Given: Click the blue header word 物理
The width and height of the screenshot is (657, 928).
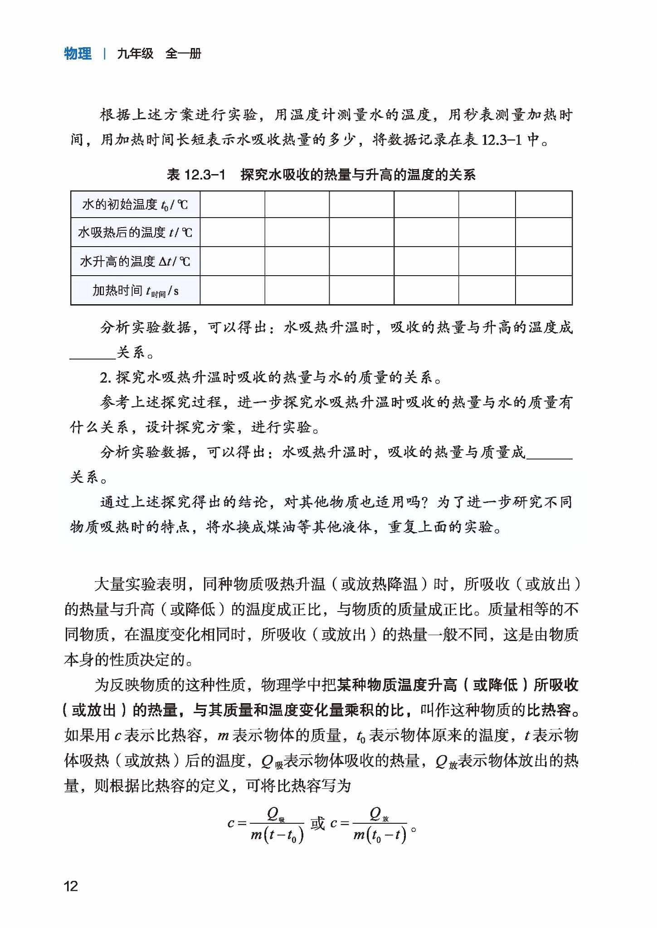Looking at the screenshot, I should click(x=78, y=54).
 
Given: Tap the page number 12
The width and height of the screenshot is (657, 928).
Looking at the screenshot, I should click(x=71, y=886).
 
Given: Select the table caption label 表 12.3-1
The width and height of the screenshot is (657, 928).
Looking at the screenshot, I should click(x=196, y=175).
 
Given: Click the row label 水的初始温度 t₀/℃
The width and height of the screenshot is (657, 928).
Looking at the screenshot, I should click(x=135, y=204).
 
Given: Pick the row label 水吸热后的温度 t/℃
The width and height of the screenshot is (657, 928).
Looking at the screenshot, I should click(x=135, y=233).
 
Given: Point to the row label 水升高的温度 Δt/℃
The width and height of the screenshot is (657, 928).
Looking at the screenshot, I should click(x=135, y=261).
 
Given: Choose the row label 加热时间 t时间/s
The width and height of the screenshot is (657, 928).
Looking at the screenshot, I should click(x=135, y=290).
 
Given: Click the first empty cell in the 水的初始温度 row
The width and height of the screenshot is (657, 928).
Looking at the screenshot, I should click(x=232, y=204).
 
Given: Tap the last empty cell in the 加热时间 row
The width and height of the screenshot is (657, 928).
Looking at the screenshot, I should click(x=543, y=290).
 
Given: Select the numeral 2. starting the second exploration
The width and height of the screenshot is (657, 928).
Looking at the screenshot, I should click(x=105, y=377).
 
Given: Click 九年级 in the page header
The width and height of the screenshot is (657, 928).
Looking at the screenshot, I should click(x=135, y=54).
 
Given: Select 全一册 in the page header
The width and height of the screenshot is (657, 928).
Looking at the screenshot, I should click(x=183, y=54).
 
